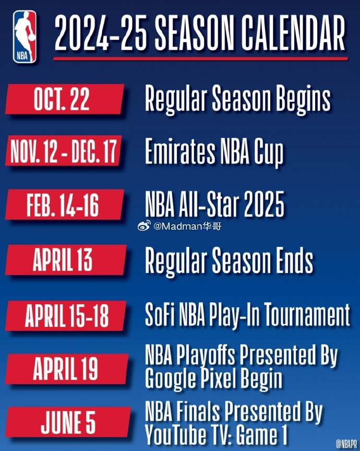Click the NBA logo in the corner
[25, 37]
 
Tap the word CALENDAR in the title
[293, 32]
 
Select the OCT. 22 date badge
[65, 99]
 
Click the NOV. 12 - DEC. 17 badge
[64, 151]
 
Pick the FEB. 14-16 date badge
[65, 205]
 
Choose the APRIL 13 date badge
[66, 260]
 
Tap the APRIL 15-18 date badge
[66, 315]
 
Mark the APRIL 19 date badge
[67, 369]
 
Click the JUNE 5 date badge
[68, 422]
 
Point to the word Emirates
[180, 151]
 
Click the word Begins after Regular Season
[303, 99]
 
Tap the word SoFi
[160, 314]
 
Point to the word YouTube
[175, 434]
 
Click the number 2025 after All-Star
[264, 205]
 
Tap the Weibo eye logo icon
[144, 225]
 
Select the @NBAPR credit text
[346, 444]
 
